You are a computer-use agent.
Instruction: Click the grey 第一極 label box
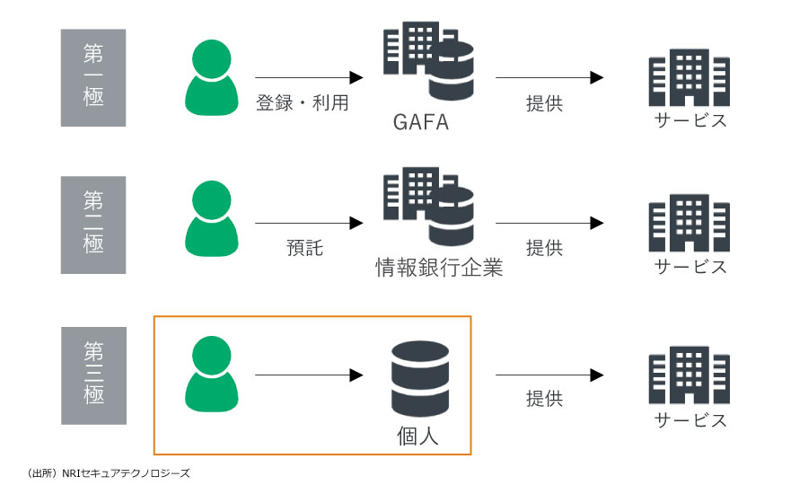point(93,77)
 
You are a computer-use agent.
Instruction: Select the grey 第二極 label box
point(93,225)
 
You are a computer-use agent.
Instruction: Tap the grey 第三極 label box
point(93,375)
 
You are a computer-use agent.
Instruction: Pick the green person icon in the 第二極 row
point(213,219)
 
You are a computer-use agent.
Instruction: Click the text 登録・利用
point(303,103)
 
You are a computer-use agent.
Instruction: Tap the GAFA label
point(420,122)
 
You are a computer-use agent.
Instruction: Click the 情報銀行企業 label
point(438,267)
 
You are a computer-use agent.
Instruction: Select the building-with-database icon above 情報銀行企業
point(427,207)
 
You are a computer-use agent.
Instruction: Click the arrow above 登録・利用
point(308,78)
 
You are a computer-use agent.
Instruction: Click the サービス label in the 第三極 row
point(689,420)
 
